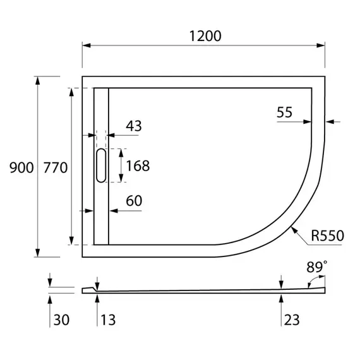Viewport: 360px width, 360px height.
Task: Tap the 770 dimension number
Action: pyautogui.click(x=55, y=167)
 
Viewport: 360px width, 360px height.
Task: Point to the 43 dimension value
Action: pyautogui.click(x=133, y=126)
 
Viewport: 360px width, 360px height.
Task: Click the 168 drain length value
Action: pyautogui.click(x=138, y=166)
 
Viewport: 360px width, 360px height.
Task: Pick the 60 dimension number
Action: pyautogui.click(x=134, y=201)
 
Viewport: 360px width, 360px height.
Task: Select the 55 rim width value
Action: pyautogui.click(x=284, y=112)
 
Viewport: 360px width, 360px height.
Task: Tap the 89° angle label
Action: pyautogui.click(x=316, y=268)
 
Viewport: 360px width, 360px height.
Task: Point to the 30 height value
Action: pyautogui.click(x=61, y=320)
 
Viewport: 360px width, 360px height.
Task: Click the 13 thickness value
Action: pyautogui.click(x=107, y=320)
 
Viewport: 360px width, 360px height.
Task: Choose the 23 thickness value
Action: pyautogui.click(x=291, y=320)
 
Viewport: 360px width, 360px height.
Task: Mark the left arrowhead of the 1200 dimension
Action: pyautogui.click(x=87, y=45)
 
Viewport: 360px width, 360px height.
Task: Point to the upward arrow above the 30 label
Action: pyautogui.click(x=50, y=297)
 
